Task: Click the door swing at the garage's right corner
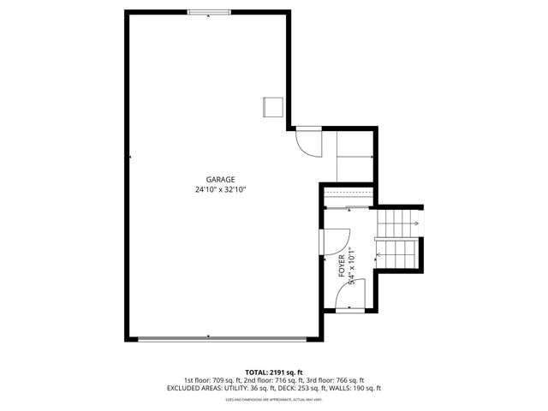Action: point(307,141)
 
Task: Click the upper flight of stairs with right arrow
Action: point(396,224)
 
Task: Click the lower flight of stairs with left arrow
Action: point(396,253)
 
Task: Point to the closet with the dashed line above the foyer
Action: point(348,200)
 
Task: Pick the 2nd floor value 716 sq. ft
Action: point(271,380)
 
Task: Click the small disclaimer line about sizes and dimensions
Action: point(274,400)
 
